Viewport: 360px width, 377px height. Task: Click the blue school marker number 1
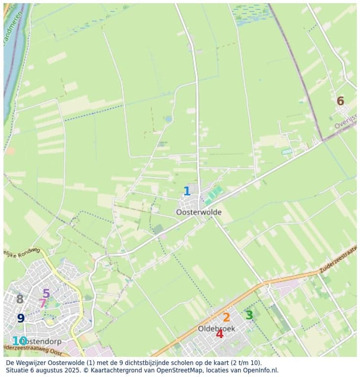187,191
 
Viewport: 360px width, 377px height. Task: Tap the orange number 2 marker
226,317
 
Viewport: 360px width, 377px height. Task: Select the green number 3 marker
249,315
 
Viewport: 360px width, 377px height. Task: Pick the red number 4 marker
219,334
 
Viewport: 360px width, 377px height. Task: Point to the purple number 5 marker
46,294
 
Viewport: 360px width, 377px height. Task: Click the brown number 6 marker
340,101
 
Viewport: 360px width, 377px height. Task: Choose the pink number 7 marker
42,303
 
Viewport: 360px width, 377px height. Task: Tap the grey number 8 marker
20,299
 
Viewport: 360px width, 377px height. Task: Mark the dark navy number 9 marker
21,318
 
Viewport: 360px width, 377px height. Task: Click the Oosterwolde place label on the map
199,213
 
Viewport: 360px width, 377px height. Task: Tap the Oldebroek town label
216,328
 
